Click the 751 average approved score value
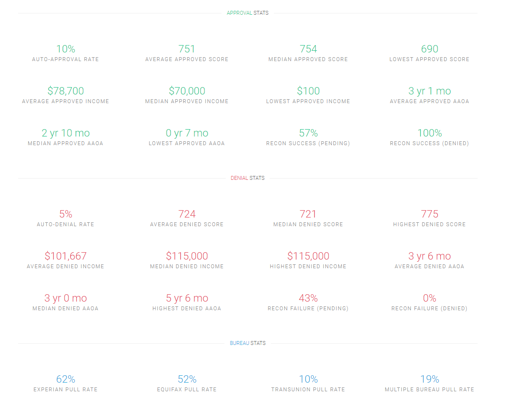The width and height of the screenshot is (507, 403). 187,49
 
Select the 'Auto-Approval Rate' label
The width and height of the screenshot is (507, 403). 65,59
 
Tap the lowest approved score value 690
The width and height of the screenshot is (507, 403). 429,49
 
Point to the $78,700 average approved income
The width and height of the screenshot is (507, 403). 65,91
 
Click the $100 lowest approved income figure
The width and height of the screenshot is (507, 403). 308,91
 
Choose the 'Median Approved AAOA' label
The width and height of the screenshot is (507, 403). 65,143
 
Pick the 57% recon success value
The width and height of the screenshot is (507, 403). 308,133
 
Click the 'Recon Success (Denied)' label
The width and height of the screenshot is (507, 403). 429,143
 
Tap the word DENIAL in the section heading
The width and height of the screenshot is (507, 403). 239,178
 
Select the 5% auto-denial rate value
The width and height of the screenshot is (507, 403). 65,214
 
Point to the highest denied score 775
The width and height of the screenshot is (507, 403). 429,214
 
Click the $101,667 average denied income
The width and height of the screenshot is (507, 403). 65,256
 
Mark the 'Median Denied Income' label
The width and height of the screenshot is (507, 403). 187,266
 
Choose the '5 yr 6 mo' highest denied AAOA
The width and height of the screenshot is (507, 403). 187,298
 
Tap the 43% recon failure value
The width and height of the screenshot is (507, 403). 308,298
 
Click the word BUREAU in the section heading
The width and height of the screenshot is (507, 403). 239,343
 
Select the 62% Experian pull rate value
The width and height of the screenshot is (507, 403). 65,379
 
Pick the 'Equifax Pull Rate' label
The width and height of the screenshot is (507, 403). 187,390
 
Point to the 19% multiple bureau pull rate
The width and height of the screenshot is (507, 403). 429,379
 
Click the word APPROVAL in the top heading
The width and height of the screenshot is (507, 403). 239,13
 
